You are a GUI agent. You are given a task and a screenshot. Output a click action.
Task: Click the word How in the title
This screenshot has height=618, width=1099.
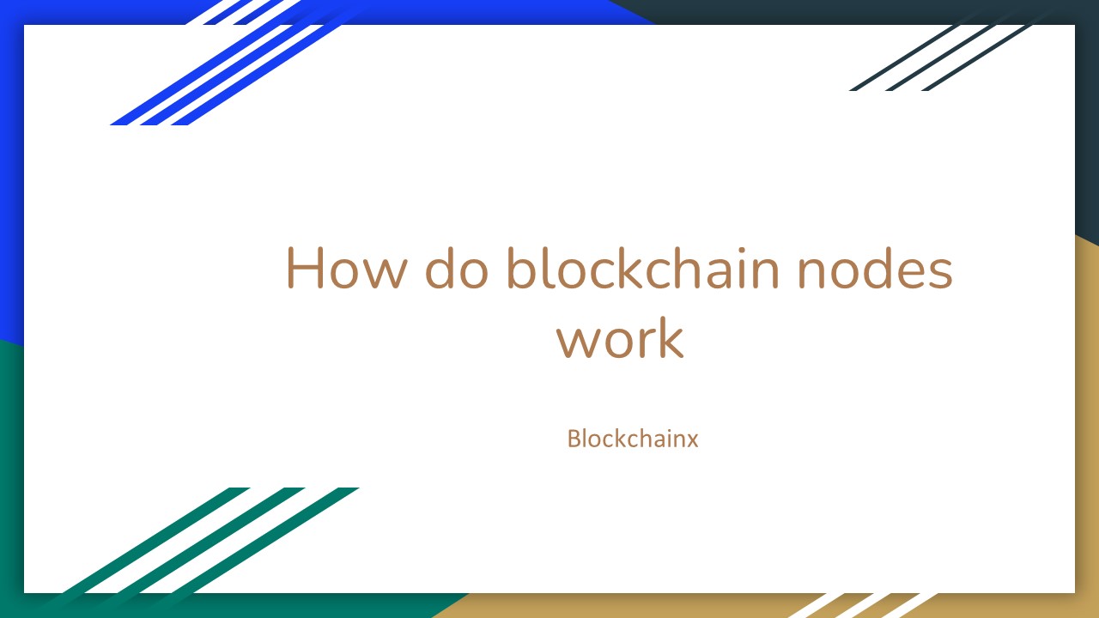point(343,269)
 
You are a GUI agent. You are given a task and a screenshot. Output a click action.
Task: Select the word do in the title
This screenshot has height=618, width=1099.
point(457,269)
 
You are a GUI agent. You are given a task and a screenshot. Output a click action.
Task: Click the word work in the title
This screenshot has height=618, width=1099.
point(619,339)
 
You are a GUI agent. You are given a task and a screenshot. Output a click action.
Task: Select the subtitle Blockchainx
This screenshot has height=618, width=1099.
point(633,439)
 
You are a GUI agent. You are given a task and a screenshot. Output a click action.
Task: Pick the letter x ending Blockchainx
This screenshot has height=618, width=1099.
point(691,441)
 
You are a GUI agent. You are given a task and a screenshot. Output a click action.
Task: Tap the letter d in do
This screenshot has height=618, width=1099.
point(441,268)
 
